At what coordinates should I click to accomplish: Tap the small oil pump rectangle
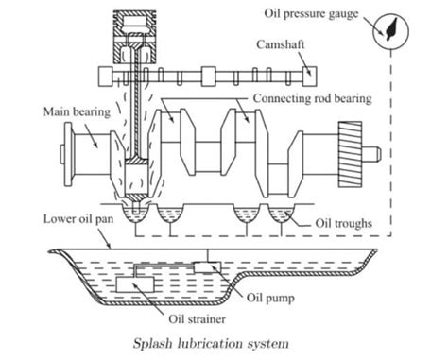207,268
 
